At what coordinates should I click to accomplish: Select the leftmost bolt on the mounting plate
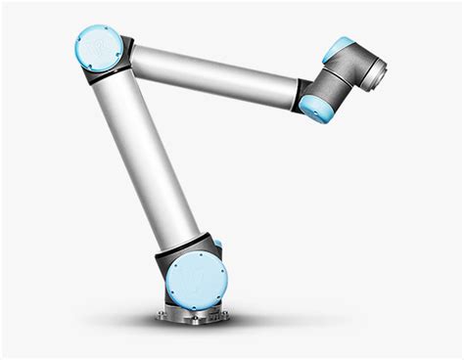(x=161, y=315)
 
